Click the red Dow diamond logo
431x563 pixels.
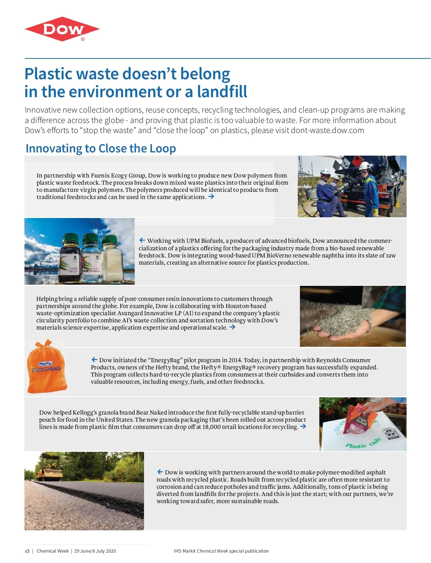(x=62, y=29)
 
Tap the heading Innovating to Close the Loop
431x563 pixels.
(x=101, y=148)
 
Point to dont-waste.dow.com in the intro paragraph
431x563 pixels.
(x=327, y=130)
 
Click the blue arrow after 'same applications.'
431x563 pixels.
(x=211, y=197)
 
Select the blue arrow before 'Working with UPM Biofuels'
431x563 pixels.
(x=142, y=240)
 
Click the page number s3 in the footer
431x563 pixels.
(x=27, y=551)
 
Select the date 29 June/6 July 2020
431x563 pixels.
(x=95, y=551)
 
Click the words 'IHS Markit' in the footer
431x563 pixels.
(x=185, y=551)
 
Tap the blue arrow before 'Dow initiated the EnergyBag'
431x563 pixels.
(x=94, y=360)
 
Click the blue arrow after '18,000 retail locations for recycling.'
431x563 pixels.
(x=303, y=426)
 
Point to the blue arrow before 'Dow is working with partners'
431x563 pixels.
(x=160, y=472)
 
